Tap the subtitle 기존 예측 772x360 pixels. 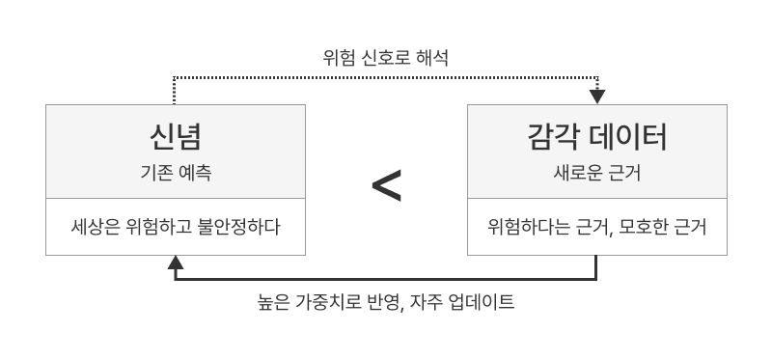click(175, 174)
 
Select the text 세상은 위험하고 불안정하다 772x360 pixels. click(175, 228)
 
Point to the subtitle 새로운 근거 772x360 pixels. click(597, 174)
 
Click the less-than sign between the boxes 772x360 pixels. click(386, 187)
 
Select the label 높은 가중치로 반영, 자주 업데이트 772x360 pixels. click(386, 302)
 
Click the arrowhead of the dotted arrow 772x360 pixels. click(597, 96)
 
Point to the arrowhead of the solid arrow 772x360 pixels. click(175, 263)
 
